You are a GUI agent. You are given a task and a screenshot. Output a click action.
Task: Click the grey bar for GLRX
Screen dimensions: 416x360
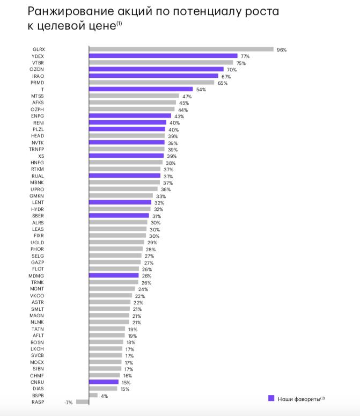[181, 49]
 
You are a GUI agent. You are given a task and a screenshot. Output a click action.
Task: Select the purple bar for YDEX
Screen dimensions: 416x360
[163, 56]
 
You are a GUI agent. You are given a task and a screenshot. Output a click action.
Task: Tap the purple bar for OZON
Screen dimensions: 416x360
[156, 69]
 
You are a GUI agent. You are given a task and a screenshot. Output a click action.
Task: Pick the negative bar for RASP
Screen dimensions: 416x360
[83, 402]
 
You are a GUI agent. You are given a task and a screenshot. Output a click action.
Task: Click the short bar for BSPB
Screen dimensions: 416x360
[93, 395]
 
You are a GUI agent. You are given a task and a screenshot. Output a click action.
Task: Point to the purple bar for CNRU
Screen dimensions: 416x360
[104, 382]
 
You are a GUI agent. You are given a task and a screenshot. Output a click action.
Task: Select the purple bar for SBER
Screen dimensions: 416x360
[119, 216]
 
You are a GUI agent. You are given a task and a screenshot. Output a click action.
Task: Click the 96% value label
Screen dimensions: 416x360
[282, 50]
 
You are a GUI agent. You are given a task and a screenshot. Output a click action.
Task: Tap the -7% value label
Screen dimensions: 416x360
[68, 402]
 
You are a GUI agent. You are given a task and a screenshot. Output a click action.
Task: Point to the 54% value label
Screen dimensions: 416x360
[201, 90]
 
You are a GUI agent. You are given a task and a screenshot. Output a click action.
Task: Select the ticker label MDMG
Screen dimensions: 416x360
[38, 275]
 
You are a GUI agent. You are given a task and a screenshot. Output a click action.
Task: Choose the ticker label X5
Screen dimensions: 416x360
[41, 156]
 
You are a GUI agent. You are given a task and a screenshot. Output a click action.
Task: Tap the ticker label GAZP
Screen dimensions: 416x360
[38, 262]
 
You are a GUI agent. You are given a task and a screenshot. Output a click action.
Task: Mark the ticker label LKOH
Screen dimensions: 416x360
[38, 348]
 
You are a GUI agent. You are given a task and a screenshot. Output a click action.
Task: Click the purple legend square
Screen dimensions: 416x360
[271, 398]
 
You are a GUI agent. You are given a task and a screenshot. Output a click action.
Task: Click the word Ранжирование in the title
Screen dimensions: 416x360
[75, 12]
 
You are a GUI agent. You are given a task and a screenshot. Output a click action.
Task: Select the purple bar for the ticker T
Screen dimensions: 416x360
[141, 89]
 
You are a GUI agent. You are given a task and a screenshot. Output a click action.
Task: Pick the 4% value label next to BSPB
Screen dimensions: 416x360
[105, 396]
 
